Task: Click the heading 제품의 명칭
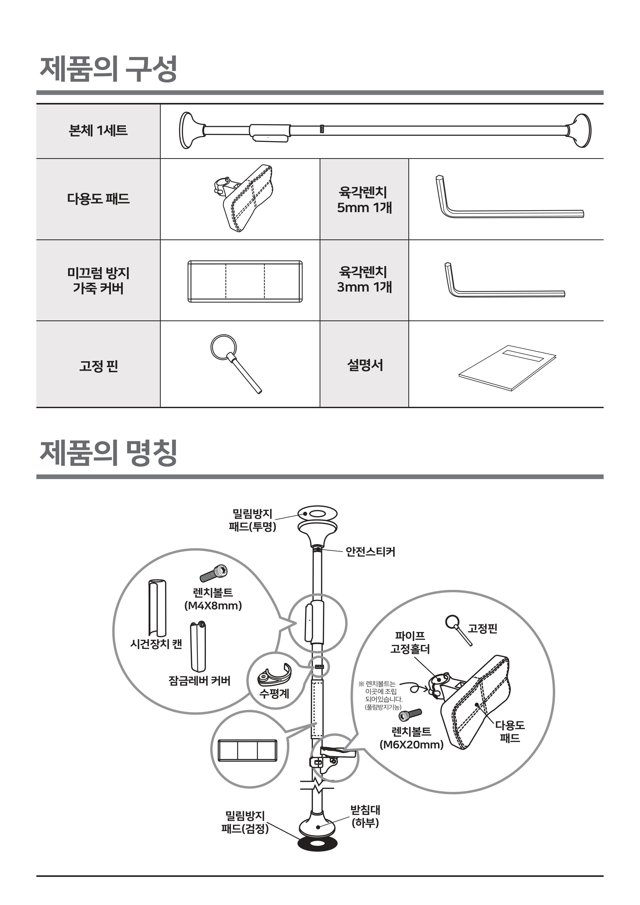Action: [108, 453]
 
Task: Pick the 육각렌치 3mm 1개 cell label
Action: [364, 279]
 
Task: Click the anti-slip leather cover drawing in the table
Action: [245, 281]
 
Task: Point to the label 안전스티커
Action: [370, 551]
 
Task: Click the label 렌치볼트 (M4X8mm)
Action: [213, 599]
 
